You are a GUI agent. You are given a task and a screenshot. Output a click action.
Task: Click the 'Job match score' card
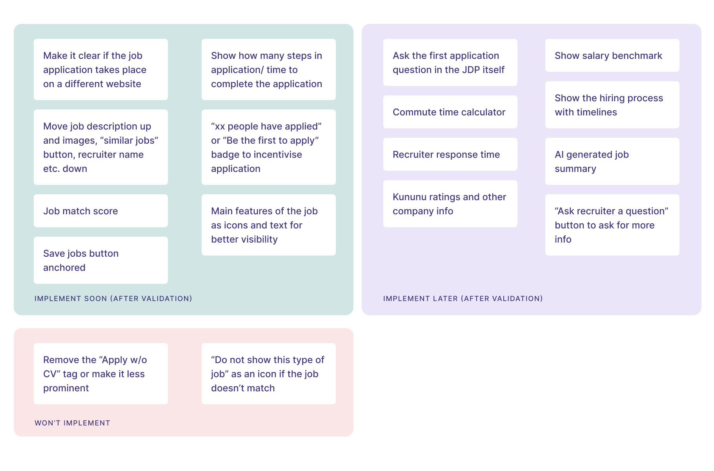tap(100, 211)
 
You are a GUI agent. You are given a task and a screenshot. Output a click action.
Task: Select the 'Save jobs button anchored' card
tap(100, 260)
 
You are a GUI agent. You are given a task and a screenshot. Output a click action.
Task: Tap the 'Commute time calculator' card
tap(450, 112)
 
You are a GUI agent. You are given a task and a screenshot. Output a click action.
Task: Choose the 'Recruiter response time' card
tap(450, 154)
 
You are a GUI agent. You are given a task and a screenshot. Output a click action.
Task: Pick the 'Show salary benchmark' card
tap(612, 55)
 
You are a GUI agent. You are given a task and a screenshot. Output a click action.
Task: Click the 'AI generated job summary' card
tap(612, 161)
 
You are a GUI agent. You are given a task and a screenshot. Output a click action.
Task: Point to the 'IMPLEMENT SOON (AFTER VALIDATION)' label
tap(113, 299)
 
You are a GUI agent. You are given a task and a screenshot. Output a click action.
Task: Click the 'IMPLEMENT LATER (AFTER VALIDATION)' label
tap(463, 299)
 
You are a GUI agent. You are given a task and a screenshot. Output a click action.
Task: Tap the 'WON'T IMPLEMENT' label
tap(73, 423)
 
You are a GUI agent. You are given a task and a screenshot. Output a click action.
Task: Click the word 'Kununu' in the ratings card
tap(409, 197)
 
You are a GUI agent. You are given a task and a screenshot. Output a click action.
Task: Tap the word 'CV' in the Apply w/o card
tap(50, 374)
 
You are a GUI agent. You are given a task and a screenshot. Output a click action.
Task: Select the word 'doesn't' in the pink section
tap(227, 388)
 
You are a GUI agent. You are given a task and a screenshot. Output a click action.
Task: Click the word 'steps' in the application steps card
tap(286, 55)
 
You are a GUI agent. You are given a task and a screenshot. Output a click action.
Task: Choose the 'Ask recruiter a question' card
tap(612, 225)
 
